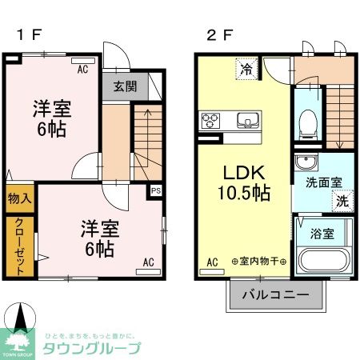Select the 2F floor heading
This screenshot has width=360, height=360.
[217, 35]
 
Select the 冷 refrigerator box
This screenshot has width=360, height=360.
[247, 70]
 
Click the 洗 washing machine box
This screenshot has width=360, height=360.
[342, 202]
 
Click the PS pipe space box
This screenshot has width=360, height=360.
[156, 191]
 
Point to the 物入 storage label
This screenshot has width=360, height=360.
[19, 197]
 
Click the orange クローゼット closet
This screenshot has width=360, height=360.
[19, 246]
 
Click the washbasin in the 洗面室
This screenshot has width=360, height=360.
[306, 163]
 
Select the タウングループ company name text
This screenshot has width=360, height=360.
[94, 347]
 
